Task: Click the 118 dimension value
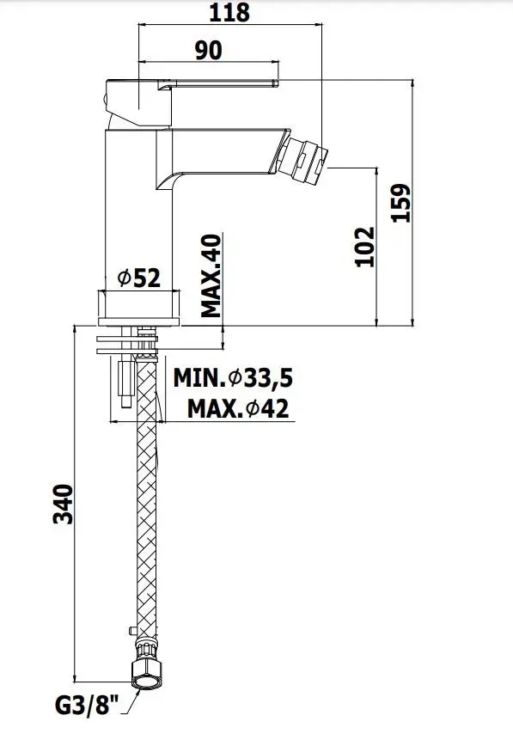[229, 12]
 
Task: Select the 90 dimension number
[209, 51]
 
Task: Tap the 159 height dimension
[400, 203]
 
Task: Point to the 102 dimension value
[365, 247]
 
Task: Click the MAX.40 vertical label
[211, 276]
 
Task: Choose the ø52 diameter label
[139, 278]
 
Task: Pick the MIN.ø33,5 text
[233, 378]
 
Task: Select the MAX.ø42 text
[238, 408]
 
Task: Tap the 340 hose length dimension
[63, 504]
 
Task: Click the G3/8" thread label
[86, 706]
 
